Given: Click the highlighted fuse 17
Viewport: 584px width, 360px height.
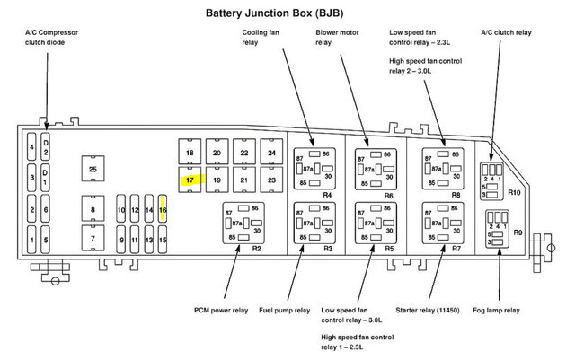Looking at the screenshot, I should (190, 180).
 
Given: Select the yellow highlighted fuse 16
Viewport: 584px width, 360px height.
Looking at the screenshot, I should (163, 210).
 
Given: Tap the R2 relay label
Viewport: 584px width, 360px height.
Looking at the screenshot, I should (256, 247).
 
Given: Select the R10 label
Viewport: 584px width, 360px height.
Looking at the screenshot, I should (513, 192).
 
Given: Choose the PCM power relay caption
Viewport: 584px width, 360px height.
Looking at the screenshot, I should (220, 311).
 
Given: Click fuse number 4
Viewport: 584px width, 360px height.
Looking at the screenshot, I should (31, 146).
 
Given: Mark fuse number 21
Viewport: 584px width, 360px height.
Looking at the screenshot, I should (244, 180).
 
